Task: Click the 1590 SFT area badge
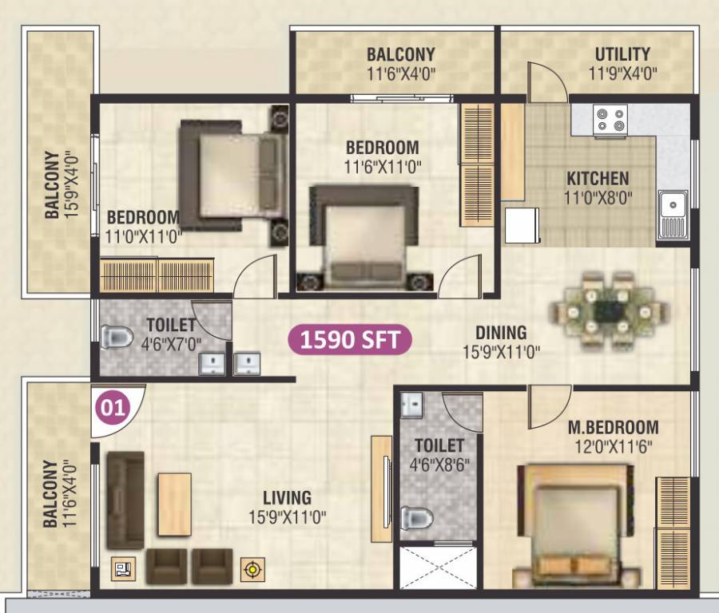[x=351, y=339]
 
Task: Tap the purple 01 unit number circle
[x=113, y=409]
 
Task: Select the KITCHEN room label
[x=598, y=178]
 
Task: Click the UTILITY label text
[x=622, y=54]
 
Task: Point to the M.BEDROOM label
[x=614, y=427]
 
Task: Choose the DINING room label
[x=501, y=332]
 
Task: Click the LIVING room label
[x=288, y=498]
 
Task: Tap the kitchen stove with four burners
[x=610, y=120]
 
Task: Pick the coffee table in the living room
[x=174, y=499]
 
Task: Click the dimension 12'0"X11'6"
[x=614, y=447]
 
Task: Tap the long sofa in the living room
[x=125, y=500]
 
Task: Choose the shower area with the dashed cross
[x=438, y=567]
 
